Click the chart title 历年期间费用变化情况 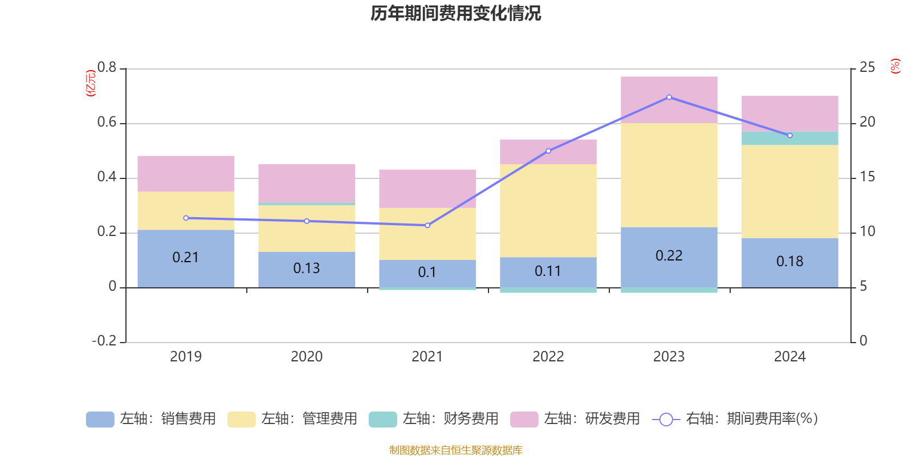(455, 13)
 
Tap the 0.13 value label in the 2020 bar (306, 268)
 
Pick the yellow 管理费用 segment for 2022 (548, 210)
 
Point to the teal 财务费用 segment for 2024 (789, 139)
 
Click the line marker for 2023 (669, 97)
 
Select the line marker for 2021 (427, 225)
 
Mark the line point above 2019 (186, 218)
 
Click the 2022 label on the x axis (548, 357)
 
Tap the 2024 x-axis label (789, 357)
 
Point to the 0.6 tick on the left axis (107, 122)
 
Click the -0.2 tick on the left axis (104, 341)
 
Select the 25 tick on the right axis (867, 68)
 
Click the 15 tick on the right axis (867, 177)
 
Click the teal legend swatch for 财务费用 (382, 420)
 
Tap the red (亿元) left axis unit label (90, 83)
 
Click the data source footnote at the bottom (455, 450)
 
